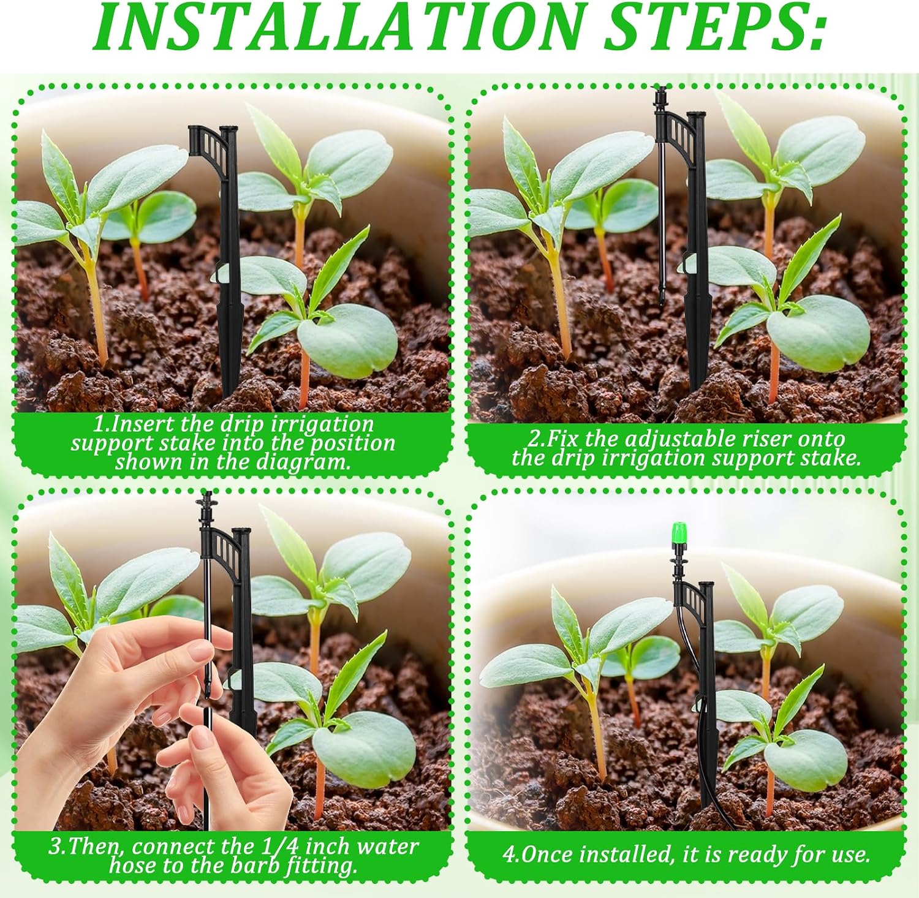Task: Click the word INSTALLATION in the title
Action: [338, 28]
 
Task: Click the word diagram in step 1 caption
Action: [303, 461]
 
